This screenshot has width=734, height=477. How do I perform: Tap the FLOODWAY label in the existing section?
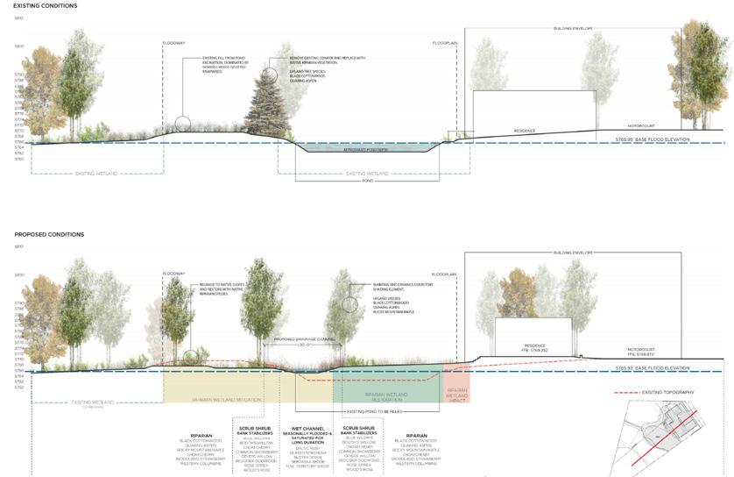pyautogui.click(x=174, y=43)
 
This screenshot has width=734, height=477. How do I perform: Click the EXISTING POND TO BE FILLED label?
pyautogui.click(x=376, y=410)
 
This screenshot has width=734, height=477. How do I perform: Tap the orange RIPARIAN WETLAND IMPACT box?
pyautogui.click(x=456, y=387)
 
